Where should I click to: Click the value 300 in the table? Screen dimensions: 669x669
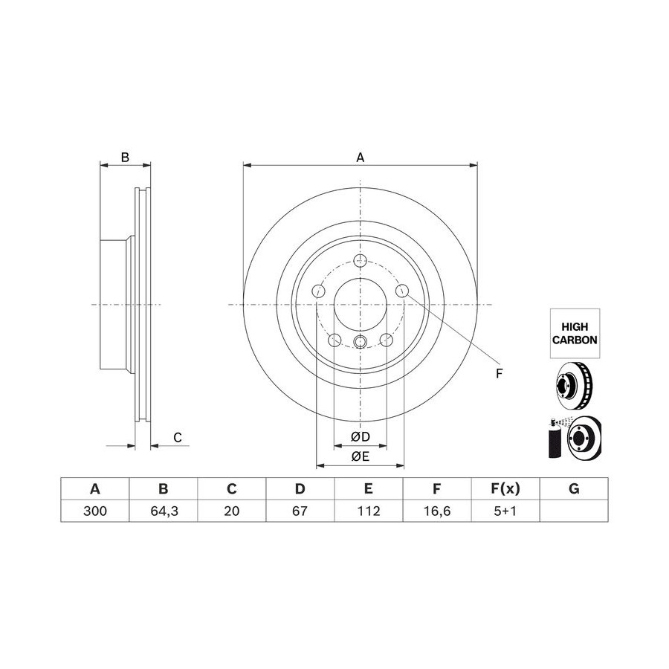[94, 511]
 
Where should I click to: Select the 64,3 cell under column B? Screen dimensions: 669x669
[164, 511]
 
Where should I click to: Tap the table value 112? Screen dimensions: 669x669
[368, 511]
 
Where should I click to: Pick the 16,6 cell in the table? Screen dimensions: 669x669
[437, 511]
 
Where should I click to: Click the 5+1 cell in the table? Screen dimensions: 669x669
[505, 511]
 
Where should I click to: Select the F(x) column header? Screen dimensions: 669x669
[505, 488]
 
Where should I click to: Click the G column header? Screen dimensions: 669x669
[574, 488]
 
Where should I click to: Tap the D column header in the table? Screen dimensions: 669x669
[300, 488]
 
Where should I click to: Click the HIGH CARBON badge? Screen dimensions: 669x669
[575, 334]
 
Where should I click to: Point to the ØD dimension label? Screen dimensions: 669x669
[360, 437]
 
